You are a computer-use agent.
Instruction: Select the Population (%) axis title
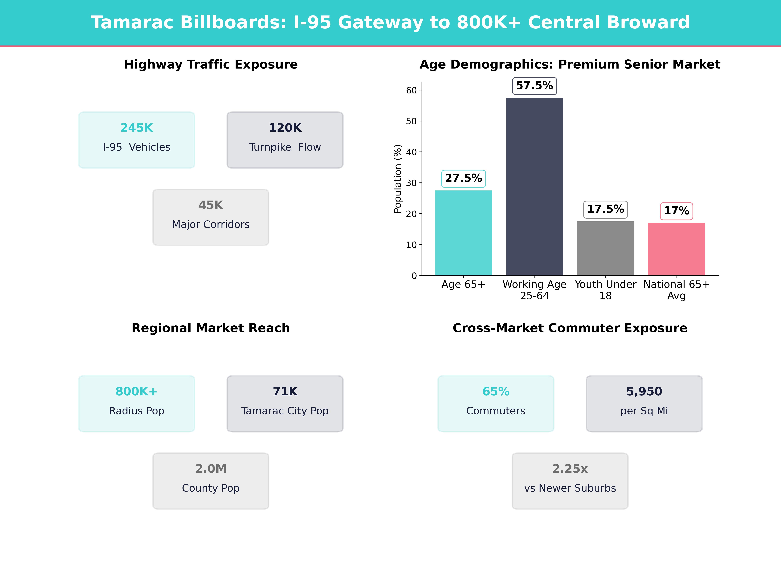[x=398, y=179]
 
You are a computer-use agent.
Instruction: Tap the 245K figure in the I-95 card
[x=137, y=128]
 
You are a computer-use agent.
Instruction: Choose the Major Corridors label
[x=211, y=225]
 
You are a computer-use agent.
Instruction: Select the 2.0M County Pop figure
[x=211, y=469]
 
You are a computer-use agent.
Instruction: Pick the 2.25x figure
[x=570, y=469]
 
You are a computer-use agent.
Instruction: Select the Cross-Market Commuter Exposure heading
[x=570, y=328]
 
